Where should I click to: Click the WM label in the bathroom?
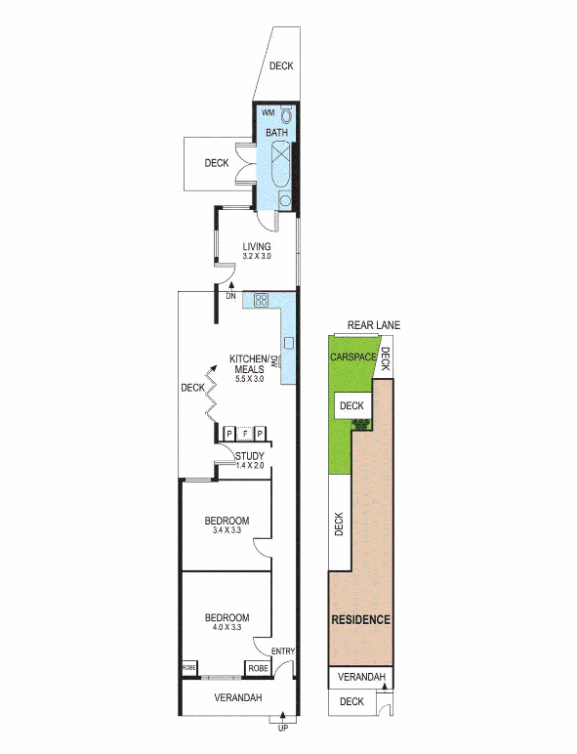268,113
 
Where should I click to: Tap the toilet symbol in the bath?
286,115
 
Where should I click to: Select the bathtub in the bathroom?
280,164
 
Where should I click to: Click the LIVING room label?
257,247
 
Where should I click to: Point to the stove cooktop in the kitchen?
261,301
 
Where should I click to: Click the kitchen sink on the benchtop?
289,343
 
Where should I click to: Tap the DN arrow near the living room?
231,285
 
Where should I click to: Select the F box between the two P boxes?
245,435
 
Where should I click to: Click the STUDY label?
250,456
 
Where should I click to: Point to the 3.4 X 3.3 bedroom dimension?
227,530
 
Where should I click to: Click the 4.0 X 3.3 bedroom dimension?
227,627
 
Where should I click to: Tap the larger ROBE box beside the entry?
258,668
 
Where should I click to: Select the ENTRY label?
283,651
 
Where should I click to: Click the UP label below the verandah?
283,729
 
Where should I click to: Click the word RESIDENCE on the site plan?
360,619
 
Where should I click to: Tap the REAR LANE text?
374,325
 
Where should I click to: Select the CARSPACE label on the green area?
352,357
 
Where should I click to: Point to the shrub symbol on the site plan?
361,425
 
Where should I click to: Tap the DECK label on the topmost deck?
281,65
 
